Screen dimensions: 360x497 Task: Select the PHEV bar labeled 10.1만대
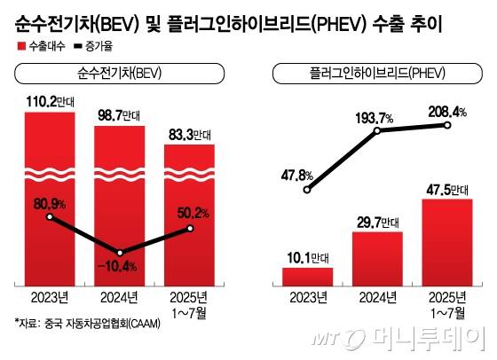pyautogui.click(x=307, y=276)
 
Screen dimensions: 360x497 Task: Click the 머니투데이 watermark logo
pyautogui.click(x=417, y=338)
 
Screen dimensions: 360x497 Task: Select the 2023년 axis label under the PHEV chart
pyautogui.click(x=307, y=297)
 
